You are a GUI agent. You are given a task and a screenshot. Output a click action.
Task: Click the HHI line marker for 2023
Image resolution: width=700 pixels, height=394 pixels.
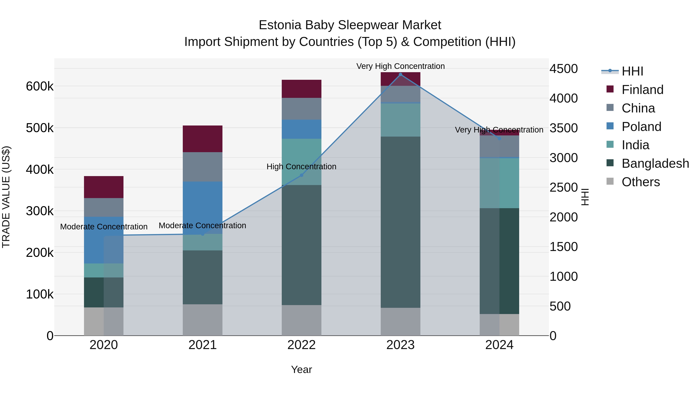tap(400, 75)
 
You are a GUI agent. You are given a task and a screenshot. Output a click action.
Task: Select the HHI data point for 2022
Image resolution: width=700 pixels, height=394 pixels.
tap(301, 175)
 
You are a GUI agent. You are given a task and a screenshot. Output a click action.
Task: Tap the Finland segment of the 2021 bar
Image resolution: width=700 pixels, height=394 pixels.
tap(202, 139)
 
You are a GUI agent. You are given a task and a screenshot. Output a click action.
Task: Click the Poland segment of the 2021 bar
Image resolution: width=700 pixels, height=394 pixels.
tap(202, 207)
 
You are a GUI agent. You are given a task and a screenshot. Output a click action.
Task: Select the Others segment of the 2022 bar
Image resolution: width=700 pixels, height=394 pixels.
tap(301, 320)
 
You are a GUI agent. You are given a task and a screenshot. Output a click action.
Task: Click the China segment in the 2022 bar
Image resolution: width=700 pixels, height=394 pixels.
tap(301, 109)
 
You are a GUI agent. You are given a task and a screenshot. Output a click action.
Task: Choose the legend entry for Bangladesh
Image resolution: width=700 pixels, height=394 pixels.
tap(655, 163)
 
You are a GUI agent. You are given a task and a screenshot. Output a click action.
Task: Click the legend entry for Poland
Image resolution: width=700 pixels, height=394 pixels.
tap(641, 127)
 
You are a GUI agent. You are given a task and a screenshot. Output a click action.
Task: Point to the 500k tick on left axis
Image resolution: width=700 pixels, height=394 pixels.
tap(40, 128)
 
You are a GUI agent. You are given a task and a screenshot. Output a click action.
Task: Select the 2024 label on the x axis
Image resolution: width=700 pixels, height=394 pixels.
tap(499, 345)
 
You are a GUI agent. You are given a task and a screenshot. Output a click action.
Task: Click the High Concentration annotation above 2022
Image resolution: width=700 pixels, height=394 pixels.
tap(301, 166)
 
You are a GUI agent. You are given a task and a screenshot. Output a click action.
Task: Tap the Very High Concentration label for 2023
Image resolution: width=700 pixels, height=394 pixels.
tap(400, 66)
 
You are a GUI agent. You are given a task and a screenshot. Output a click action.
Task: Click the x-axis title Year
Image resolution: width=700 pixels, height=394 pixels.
tap(301, 369)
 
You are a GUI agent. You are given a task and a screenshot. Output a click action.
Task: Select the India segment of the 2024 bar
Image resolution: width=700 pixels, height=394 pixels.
tap(499, 183)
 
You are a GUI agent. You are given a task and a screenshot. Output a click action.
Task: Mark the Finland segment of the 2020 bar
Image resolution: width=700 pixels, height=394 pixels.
tap(103, 187)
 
